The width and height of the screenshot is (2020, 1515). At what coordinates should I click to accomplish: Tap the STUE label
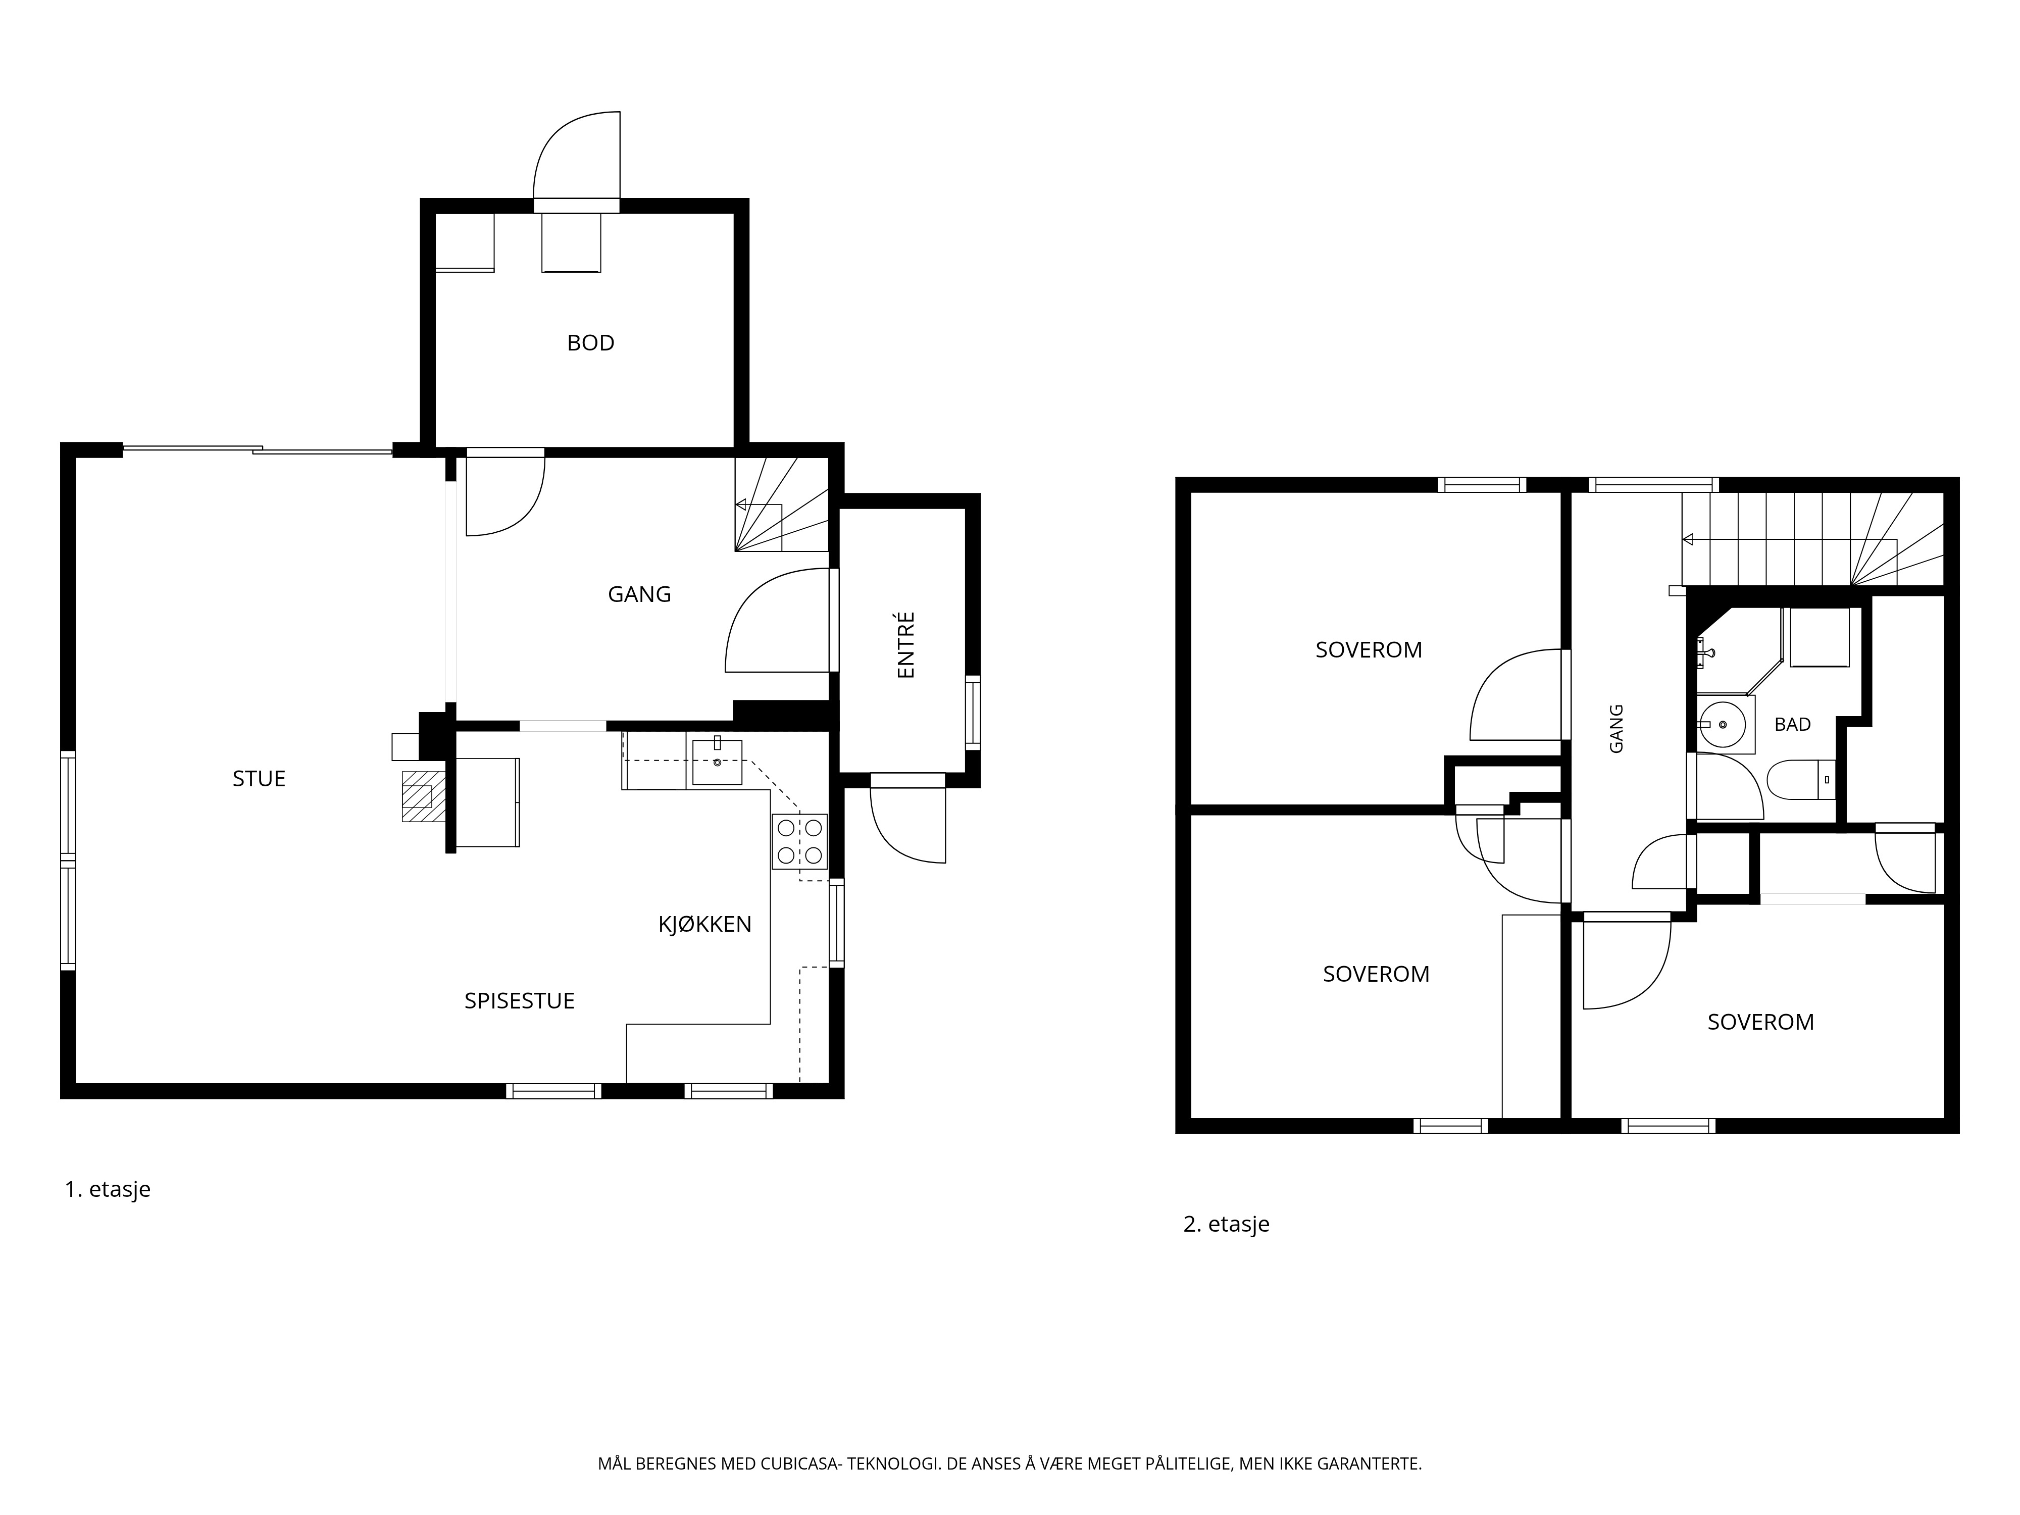point(260,779)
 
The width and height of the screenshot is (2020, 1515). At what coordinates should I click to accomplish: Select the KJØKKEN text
point(705,924)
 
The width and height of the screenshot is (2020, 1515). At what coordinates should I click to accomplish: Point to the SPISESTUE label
point(520,1001)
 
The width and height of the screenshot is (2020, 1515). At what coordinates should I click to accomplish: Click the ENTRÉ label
point(906,645)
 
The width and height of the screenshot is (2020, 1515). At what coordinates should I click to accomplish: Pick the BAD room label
point(1793,724)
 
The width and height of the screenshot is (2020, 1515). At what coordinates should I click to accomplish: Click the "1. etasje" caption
point(108,1189)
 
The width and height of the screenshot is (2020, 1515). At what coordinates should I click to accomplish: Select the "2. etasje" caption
point(1227,1224)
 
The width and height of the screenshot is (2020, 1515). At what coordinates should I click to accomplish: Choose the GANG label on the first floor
point(639,594)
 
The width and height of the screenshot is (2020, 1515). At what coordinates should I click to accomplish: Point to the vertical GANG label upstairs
point(1617,728)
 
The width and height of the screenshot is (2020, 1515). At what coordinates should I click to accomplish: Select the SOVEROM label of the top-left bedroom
point(1369,650)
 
